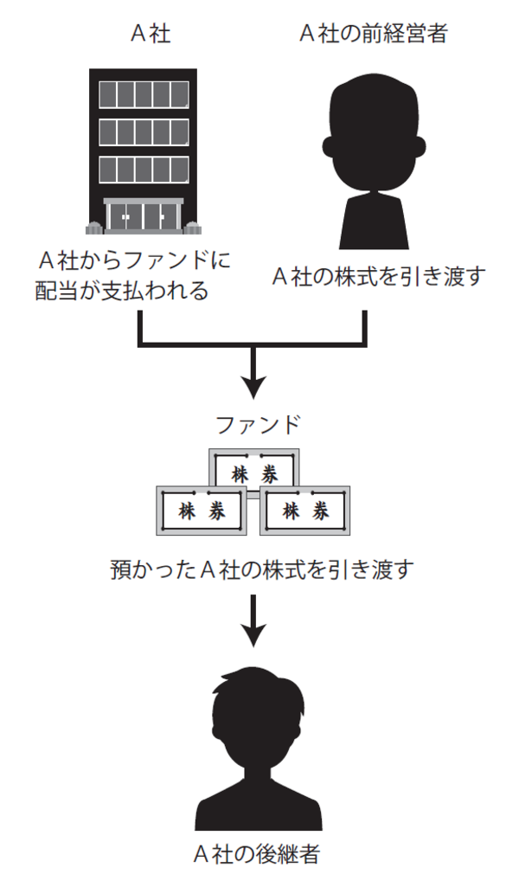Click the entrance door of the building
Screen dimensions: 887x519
click(143, 215)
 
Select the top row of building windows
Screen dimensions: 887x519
click(144, 93)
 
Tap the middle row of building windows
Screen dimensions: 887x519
click(144, 131)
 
